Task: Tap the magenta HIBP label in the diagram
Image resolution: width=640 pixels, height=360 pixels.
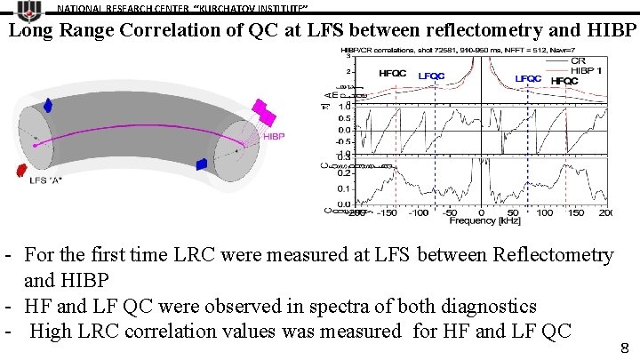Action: coord(274,137)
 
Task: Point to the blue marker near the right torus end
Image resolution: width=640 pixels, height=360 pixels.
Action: coord(202,164)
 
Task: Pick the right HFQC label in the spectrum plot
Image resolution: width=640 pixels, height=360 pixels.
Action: coord(564,81)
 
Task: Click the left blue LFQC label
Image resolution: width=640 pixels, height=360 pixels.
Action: coord(431,76)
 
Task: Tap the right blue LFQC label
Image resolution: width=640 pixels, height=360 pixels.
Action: coord(528,78)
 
